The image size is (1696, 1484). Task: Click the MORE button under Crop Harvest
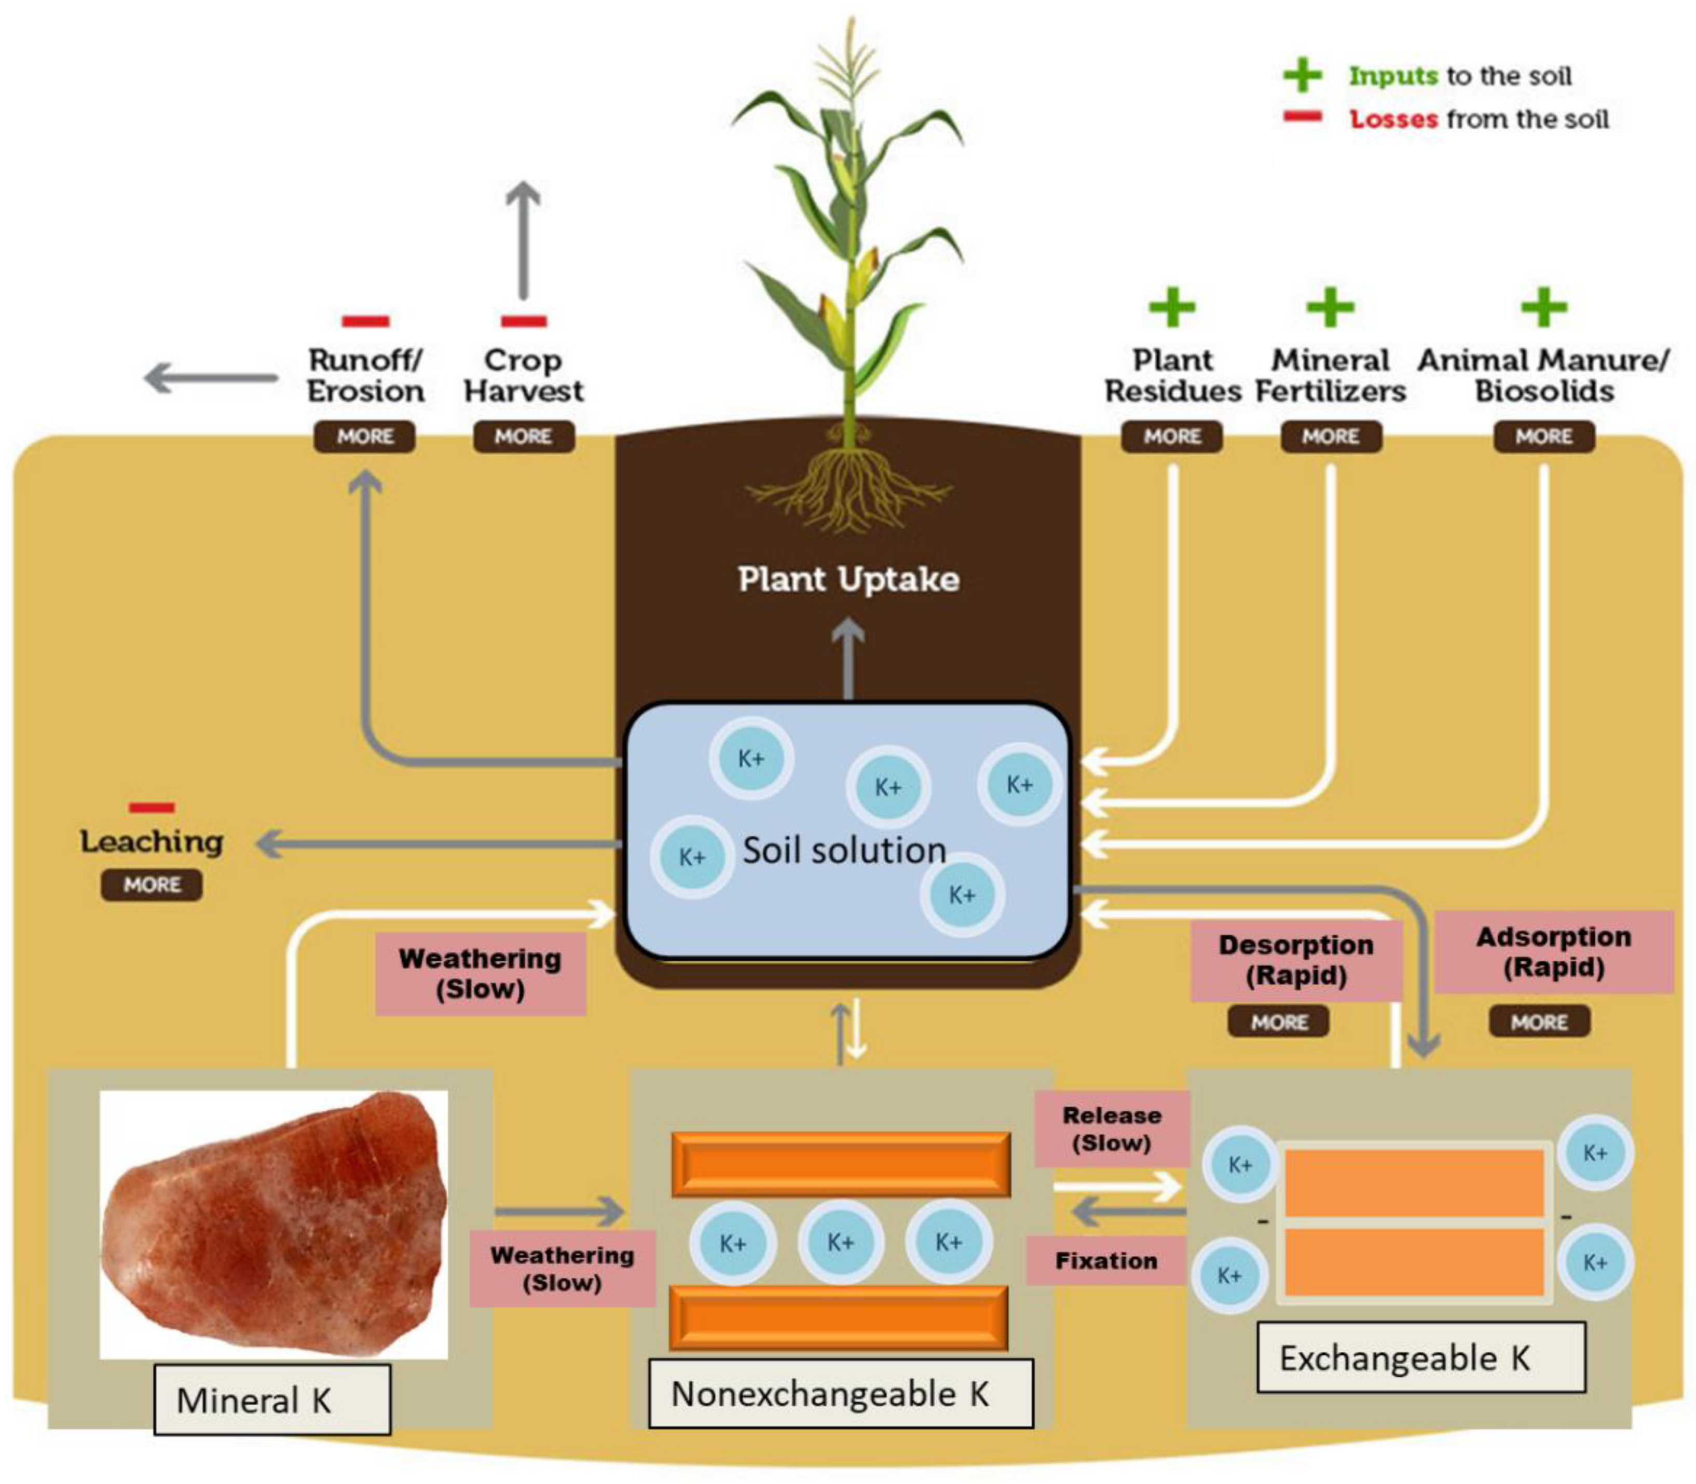[523, 437]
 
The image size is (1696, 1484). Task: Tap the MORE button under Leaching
[152, 884]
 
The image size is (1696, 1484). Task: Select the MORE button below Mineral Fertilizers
[1331, 437]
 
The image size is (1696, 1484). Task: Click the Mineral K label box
[271, 1399]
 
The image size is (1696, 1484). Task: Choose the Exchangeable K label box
[1421, 1358]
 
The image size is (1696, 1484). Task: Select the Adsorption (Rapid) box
[1554, 951]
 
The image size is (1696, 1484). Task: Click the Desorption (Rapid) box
[1296, 960]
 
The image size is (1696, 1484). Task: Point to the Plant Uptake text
[848, 579]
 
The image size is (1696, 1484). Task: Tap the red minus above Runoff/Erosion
[365, 321]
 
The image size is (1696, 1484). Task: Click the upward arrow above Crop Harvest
[523, 240]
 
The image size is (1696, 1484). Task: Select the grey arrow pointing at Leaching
[439, 845]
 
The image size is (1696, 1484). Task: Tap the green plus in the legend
[1303, 75]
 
